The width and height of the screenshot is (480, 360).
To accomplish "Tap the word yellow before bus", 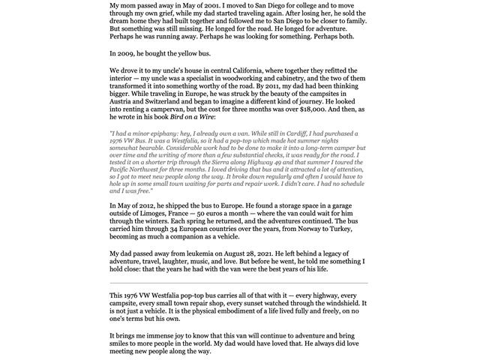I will pyautogui.click(x=197, y=53).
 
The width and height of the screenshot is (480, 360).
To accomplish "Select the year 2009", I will pyautogui.click(x=131, y=53).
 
